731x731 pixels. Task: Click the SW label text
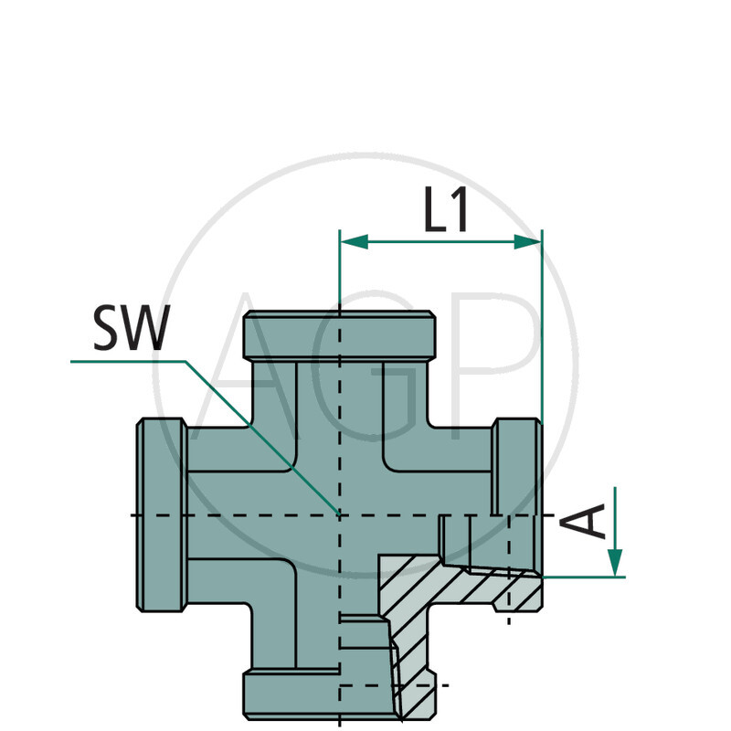pos(131,330)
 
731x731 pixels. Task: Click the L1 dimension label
pos(446,212)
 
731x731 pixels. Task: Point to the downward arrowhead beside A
pos(615,559)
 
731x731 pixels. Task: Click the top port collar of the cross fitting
pos(339,335)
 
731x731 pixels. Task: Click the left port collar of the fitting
pos(162,514)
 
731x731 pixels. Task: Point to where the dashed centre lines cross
pos(339,515)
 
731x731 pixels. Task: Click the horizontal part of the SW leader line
pos(128,362)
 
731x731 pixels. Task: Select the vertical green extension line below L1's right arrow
pos(542,347)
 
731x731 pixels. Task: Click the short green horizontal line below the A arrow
pos(585,577)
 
